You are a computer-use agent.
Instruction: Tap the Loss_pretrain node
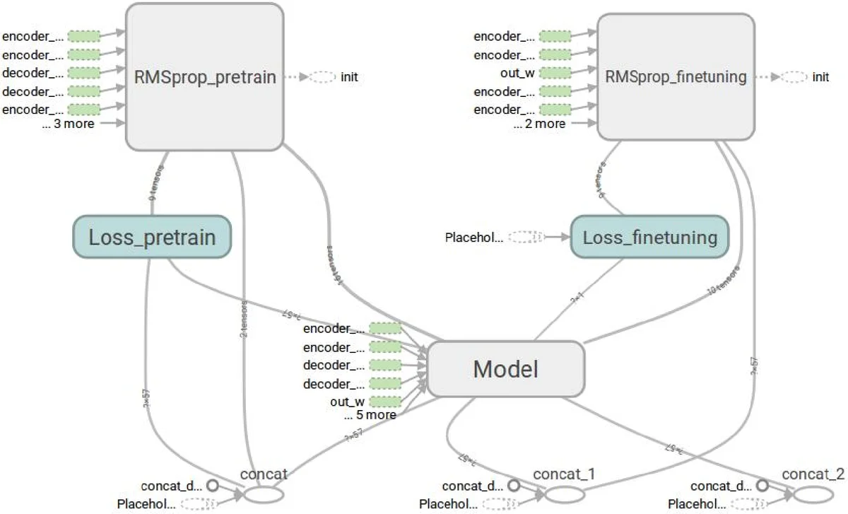(x=152, y=237)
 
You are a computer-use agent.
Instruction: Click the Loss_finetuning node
(x=649, y=237)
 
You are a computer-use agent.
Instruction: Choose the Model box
(x=505, y=368)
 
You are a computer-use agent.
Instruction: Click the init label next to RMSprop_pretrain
(x=348, y=77)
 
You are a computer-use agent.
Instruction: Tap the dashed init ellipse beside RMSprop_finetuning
(x=794, y=77)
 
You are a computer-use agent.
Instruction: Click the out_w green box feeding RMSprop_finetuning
(x=555, y=73)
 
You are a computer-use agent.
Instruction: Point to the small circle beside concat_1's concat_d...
(x=514, y=486)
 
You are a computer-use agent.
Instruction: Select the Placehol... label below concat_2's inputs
(x=696, y=504)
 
